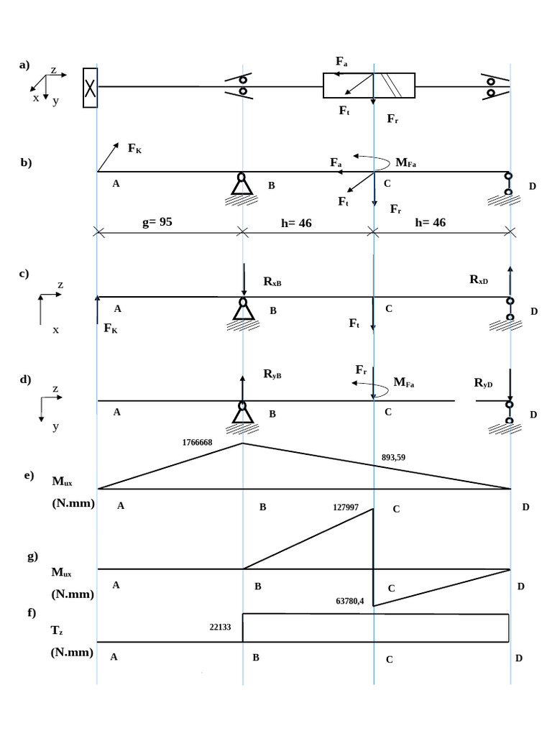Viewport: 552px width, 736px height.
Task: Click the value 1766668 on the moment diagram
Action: pyautogui.click(x=197, y=442)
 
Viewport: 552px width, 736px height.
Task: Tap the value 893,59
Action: pyautogui.click(x=393, y=457)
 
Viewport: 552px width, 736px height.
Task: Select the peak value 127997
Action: pyautogui.click(x=346, y=507)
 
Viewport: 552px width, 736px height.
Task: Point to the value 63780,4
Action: pyautogui.click(x=350, y=601)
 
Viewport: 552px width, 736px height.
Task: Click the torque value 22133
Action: pyautogui.click(x=220, y=627)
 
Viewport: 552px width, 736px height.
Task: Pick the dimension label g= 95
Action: pyautogui.click(x=157, y=221)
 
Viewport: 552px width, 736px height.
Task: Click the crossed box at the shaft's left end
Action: pyautogui.click(x=90, y=88)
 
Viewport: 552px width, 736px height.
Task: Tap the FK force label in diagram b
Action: pyautogui.click(x=134, y=148)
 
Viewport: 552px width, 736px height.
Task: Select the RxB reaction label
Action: pyautogui.click(x=272, y=281)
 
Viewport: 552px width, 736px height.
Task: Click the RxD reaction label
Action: pyautogui.click(x=479, y=280)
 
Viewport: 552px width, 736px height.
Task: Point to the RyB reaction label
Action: pyautogui.click(x=272, y=374)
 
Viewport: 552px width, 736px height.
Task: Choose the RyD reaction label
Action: pyautogui.click(x=483, y=383)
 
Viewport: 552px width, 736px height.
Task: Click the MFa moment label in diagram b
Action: pyautogui.click(x=405, y=162)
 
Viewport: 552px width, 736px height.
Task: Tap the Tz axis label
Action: pyautogui.click(x=57, y=630)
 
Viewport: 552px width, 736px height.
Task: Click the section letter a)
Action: pyautogui.click(x=24, y=65)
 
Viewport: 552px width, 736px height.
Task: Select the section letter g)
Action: pyautogui.click(x=32, y=557)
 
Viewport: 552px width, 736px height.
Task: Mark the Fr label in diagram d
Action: pyautogui.click(x=361, y=370)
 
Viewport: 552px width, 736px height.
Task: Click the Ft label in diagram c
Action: pyautogui.click(x=354, y=323)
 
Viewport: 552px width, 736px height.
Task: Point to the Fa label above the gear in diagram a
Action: pyautogui.click(x=341, y=62)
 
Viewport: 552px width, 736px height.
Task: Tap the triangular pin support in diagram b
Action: pyautogui.click(x=241, y=184)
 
